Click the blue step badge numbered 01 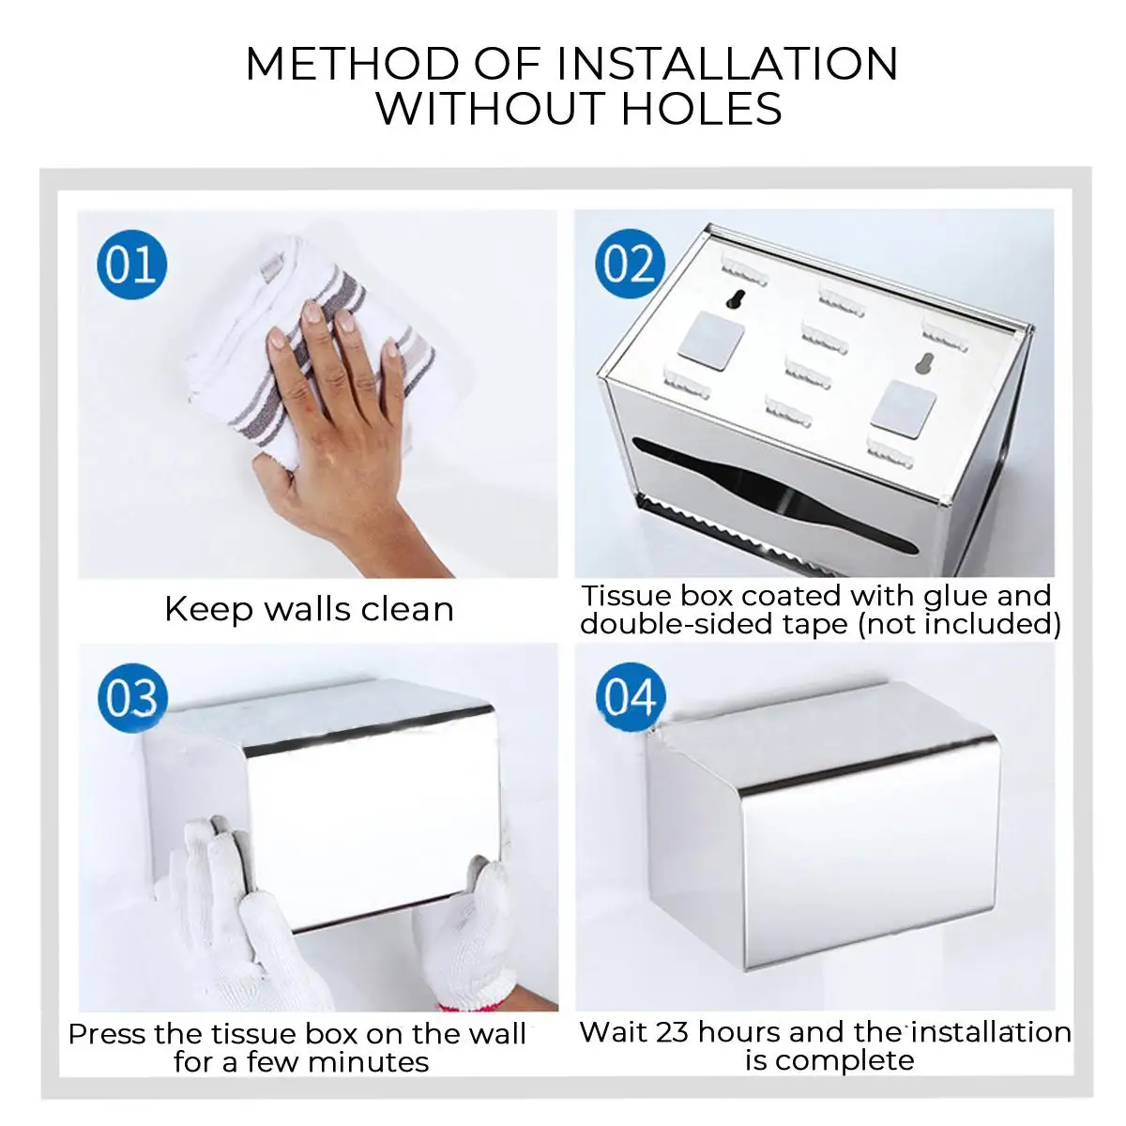(x=132, y=265)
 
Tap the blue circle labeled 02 (x=630, y=264)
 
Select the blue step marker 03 (x=132, y=699)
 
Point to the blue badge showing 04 (x=631, y=698)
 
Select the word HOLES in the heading (x=702, y=108)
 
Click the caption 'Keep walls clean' (x=309, y=610)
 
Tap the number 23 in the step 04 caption (x=672, y=1032)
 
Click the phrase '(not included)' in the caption (x=959, y=625)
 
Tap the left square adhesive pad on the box (x=710, y=342)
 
